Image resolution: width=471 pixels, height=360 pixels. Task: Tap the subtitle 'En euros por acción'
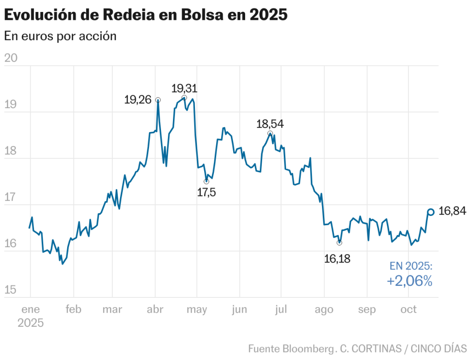60,36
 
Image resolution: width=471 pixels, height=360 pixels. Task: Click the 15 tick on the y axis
10,290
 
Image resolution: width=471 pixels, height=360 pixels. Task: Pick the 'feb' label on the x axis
73,309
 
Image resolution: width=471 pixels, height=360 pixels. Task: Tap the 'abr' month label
155,309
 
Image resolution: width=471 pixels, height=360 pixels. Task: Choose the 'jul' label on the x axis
281,309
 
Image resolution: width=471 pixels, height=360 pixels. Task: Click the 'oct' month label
408,309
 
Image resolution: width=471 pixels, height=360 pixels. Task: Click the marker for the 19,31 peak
184,98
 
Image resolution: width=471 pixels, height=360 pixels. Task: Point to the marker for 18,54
270,134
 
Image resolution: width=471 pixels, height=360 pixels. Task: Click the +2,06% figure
410,281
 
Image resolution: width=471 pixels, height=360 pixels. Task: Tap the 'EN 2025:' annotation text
411,266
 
